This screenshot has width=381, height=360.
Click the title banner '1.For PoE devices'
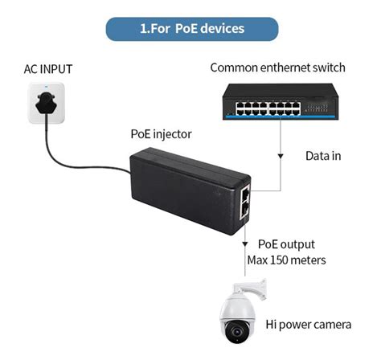point(191,28)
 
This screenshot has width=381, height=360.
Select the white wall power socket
point(45,104)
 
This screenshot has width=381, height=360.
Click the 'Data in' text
point(323,155)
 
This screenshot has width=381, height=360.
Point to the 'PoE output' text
point(286,244)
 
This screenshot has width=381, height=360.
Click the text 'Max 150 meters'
point(292,260)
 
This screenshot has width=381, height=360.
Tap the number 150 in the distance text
point(293,260)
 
